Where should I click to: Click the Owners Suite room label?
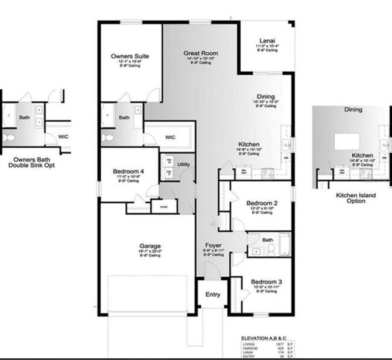click(x=130, y=56)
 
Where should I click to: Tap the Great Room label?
click(x=201, y=53)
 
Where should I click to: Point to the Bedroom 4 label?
click(x=128, y=171)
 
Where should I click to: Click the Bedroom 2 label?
click(x=261, y=203)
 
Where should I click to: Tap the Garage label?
click(x=150, y=246)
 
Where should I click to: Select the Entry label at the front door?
click(x=213, y=294)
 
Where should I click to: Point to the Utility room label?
click(x=184, y=164)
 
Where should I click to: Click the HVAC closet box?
click(x=163, y=207)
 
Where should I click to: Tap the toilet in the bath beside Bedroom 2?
click(x=271, y=250)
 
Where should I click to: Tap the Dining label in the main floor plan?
click(x=265, y=96)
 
